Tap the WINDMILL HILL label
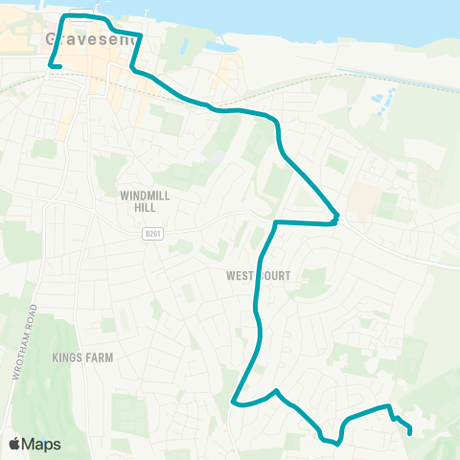click(145, 199)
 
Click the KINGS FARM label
click(84, 357)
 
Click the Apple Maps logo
click(35, 444)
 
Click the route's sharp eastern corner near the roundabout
click(336, 217)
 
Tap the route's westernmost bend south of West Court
click(235, 403)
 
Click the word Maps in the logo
click(43, 444)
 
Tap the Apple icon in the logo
click(15, 444)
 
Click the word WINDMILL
click(145, 195)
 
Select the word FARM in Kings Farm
click(99, 357)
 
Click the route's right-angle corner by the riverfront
click(64, 17)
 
